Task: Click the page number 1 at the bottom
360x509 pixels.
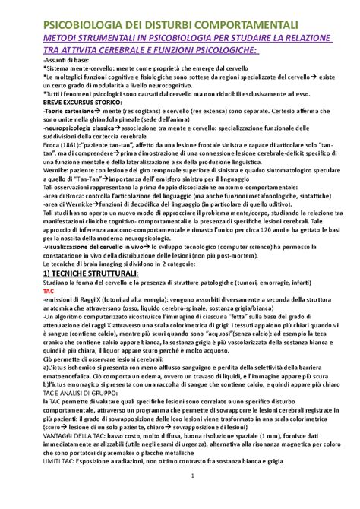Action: coord(179,497)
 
